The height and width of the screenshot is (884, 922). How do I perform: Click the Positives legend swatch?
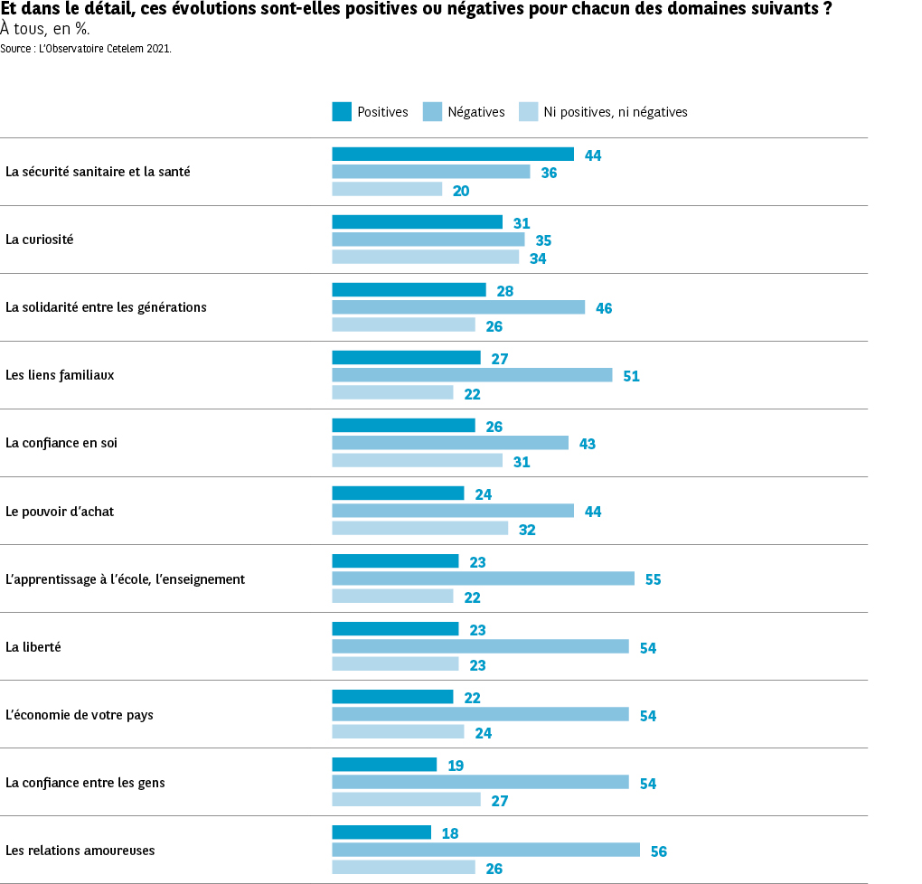[342, 112]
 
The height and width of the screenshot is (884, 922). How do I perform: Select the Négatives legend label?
[476, 112]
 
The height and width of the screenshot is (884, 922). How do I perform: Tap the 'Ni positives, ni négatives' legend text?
[616, 112]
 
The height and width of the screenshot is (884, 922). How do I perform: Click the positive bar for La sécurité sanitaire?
[453, 155]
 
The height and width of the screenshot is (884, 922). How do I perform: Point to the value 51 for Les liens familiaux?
[631, 376]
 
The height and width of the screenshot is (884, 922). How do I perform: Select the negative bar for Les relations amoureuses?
[485, 851]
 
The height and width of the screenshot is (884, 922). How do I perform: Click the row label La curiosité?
[40, 240]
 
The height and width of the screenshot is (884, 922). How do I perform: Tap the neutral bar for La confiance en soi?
[417, 461]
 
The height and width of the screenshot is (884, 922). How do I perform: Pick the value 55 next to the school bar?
[653, 579]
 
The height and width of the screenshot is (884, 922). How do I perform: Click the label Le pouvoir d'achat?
[60, 512]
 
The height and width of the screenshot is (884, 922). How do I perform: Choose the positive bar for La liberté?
[395, 629]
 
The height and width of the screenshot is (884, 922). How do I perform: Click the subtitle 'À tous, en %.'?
[45, 29]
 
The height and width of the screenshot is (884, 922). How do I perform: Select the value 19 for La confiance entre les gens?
[456, 766]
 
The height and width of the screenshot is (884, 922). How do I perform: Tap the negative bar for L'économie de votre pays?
[480, 715]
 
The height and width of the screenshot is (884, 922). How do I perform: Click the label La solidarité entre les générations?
[106, 307]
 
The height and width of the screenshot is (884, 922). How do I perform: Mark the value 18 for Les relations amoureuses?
[450, 833]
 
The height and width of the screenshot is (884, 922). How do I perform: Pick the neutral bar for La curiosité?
[425, 258]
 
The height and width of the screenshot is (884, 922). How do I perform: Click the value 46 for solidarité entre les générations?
[604, 308]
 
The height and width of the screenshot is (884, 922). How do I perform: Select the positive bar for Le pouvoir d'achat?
[398, 494]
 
